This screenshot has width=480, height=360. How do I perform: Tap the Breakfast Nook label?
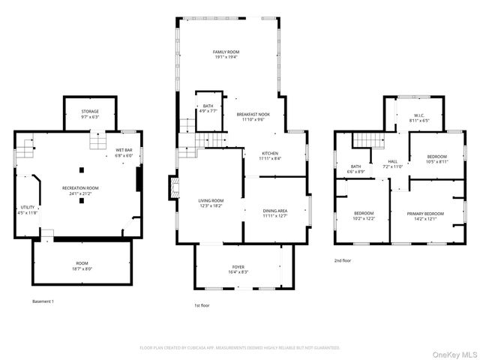pyautogui.click(x=253, y=116)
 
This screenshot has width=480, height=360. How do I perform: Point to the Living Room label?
pyautogui.click(x=211, y=203)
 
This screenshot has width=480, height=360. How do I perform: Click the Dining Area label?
pyautogui.click(x=275, y=214)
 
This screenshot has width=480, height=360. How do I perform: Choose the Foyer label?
pyautogui.click(x=238, y=269)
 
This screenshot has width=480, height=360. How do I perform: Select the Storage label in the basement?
pyautogui.click(x=90, y=114)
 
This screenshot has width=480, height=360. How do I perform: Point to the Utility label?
pyautogui.click(x=28, y=209)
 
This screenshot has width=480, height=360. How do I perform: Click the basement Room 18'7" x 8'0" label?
pyautogui.click(x=81, y=265)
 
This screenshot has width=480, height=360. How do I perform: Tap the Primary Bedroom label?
pyautogui.click(x=425, y=216)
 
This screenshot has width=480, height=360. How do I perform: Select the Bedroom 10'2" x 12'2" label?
pyautogui.click(x=364, y=216)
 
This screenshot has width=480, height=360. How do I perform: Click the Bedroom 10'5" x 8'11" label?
pyautogui.click(x=436, y=159)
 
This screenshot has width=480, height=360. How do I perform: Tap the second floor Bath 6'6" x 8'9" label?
pyautogui.click(x=355, y=169)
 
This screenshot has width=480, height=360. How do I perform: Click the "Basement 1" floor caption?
pyautogui.click(x=43, y=301)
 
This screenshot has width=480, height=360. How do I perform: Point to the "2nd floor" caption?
pyautogui.click(x=343, y=260)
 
